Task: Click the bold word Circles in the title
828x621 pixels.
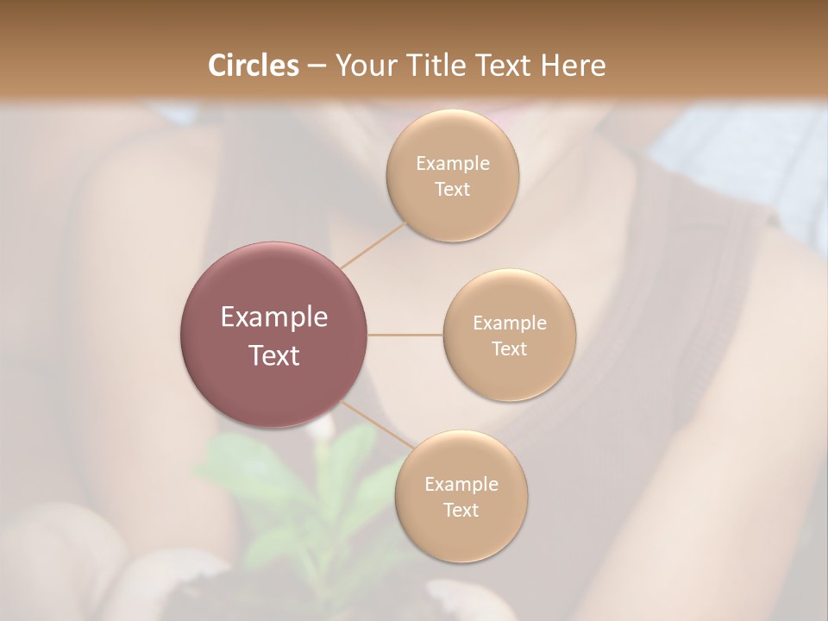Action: point(254,66)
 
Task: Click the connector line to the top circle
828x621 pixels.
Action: point(373,245)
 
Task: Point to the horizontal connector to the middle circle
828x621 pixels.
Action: point(405,335)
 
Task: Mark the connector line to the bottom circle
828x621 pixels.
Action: point(375,424)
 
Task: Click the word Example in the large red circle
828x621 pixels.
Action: point(274,317)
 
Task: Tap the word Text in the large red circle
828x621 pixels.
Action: point(274,355)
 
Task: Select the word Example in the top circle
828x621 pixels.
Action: point(453,164)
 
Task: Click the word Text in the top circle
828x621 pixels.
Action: point(453,189)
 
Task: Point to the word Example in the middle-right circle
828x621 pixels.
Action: point(510,323)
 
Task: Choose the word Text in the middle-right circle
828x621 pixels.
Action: point(510,348)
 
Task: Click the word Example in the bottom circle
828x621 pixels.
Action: point(461,485)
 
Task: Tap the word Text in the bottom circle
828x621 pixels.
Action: point(461,510)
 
